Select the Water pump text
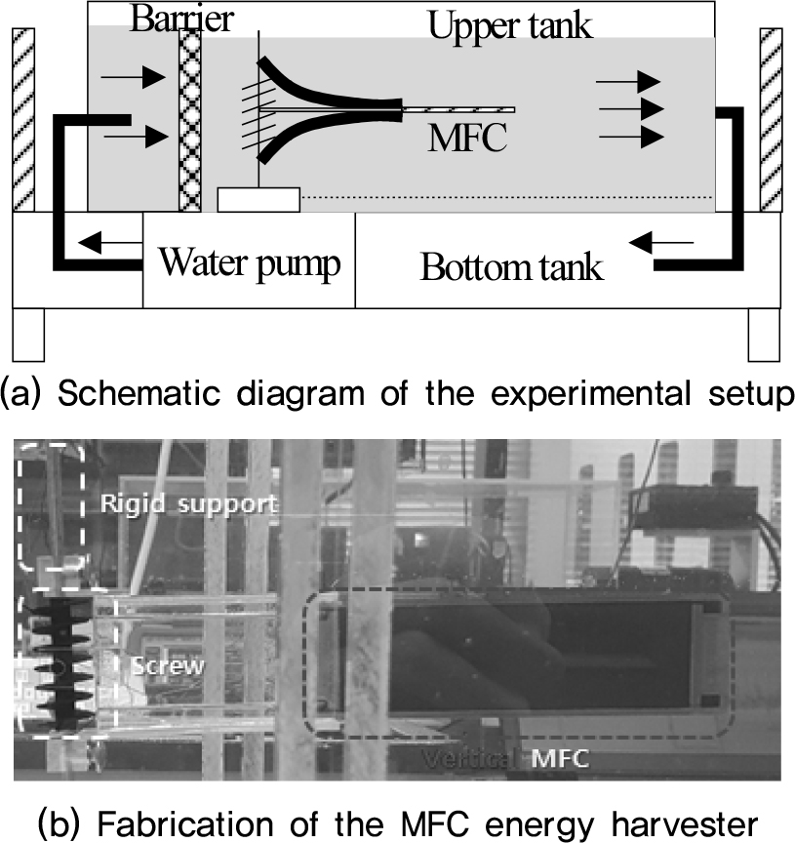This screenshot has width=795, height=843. coord(250,262)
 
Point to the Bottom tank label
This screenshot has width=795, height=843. coord(511,266)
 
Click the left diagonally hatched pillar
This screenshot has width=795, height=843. coord(23,119)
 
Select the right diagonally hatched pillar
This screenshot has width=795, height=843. coord(771,119)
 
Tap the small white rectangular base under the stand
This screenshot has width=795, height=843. coord(258,199)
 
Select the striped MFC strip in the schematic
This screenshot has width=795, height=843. coord(458,106)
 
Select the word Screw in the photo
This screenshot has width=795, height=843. coord(168,666)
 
